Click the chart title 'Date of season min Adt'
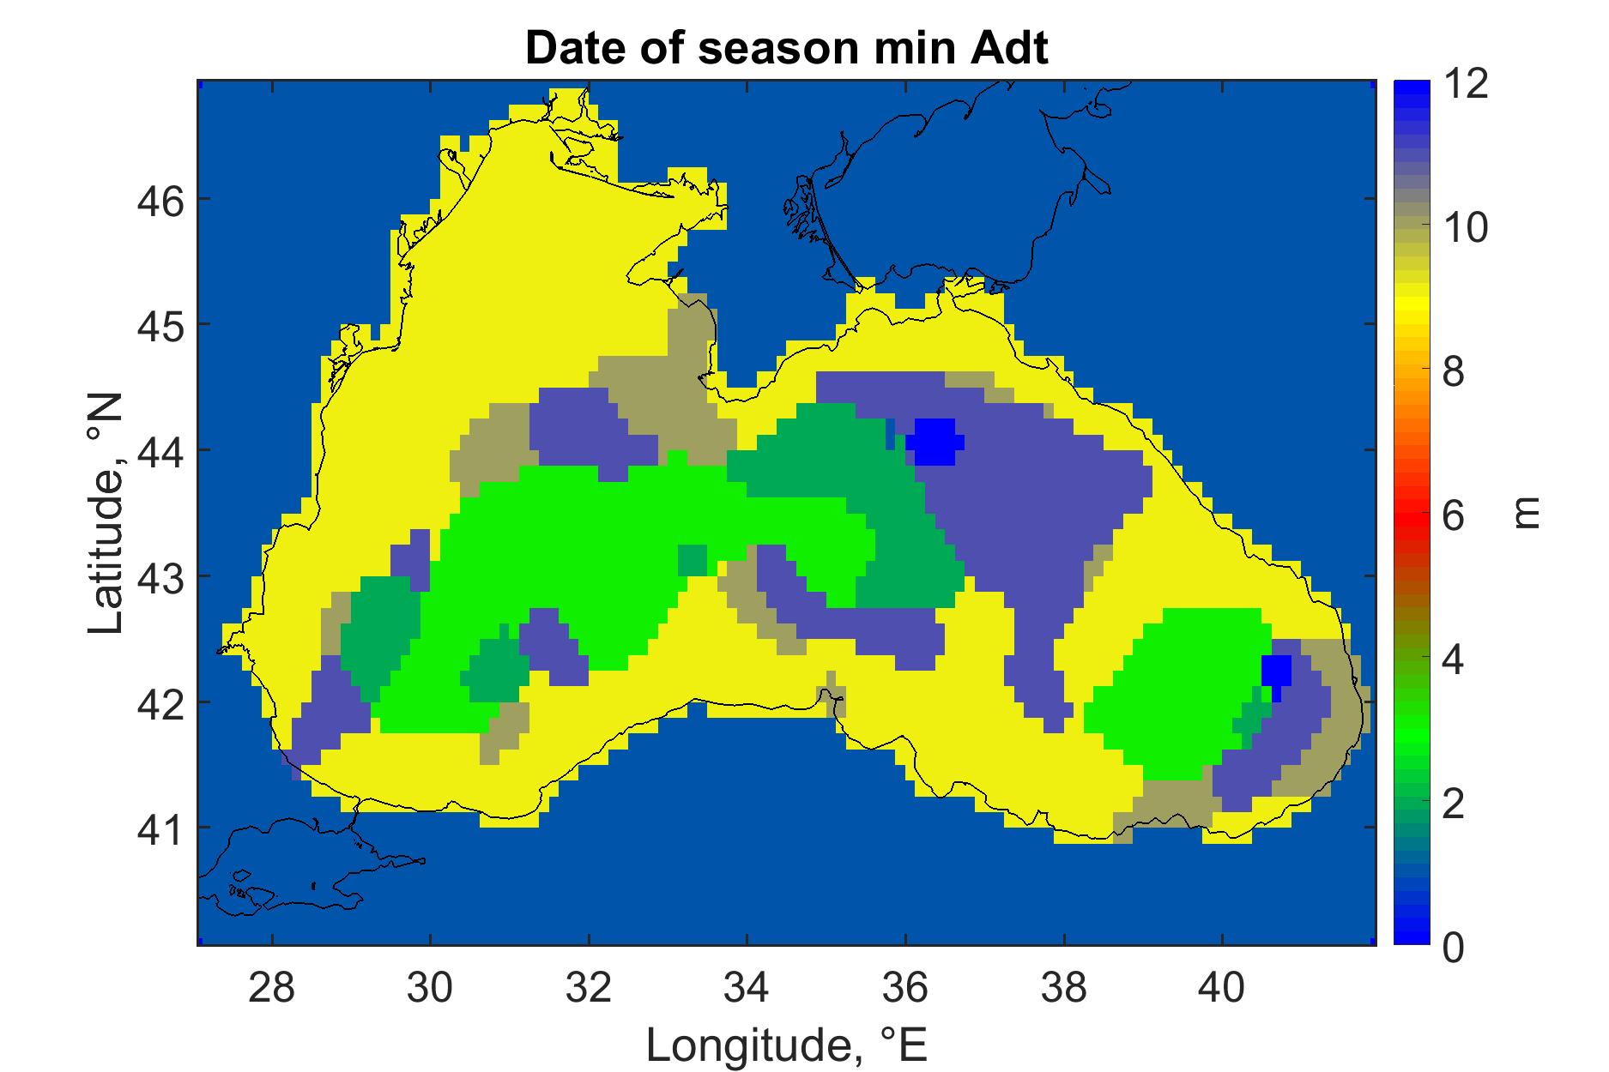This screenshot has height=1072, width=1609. coord(786,49)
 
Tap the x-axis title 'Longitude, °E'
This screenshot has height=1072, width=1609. coord(786,1044)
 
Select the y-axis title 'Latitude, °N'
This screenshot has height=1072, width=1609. coord(106,515)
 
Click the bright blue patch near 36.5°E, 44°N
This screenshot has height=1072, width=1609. coord(935,442)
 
